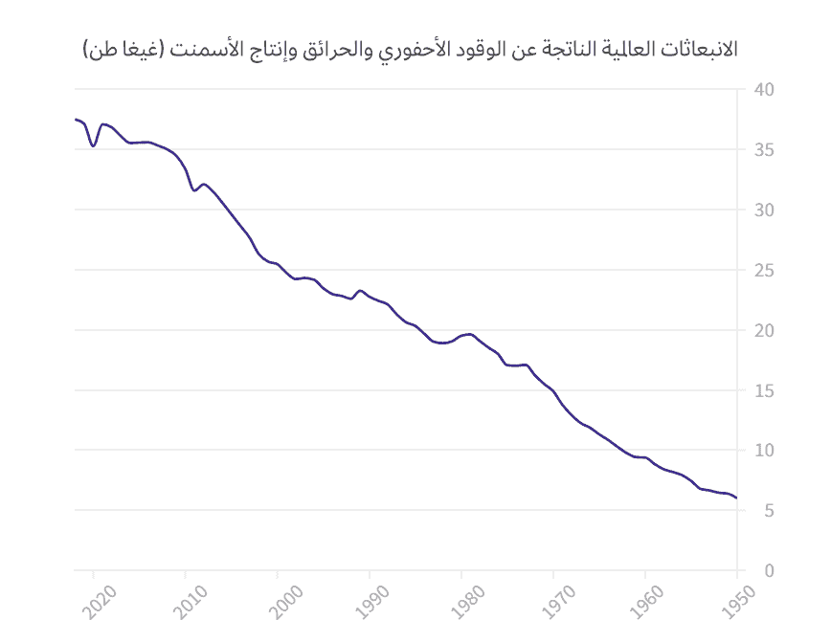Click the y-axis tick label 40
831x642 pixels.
click(x=764, y=90)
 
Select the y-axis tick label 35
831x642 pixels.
click(x=764, y=150)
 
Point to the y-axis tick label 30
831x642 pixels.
click(x=764, y=210)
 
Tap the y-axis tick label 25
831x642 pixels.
click(x=764, y=271)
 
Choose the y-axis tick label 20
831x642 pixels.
click(x=764, y=331)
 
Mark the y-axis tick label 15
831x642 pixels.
click(x=764, y=390)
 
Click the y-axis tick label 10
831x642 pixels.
click(x=764, y=451)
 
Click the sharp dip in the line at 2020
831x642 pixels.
click(x=93, y=145)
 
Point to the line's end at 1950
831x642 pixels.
click(x=736, y=498)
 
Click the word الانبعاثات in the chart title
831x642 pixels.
click(x=694, y=49)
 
